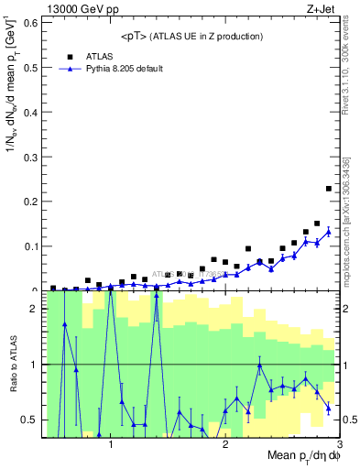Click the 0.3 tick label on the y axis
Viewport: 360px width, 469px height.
27,156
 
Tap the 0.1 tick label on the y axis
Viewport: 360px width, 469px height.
27,245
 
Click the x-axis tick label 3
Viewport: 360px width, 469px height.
339,444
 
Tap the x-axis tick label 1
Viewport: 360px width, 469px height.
111,444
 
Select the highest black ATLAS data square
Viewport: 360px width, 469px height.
329,189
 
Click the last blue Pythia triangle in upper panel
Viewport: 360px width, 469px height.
329,232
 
